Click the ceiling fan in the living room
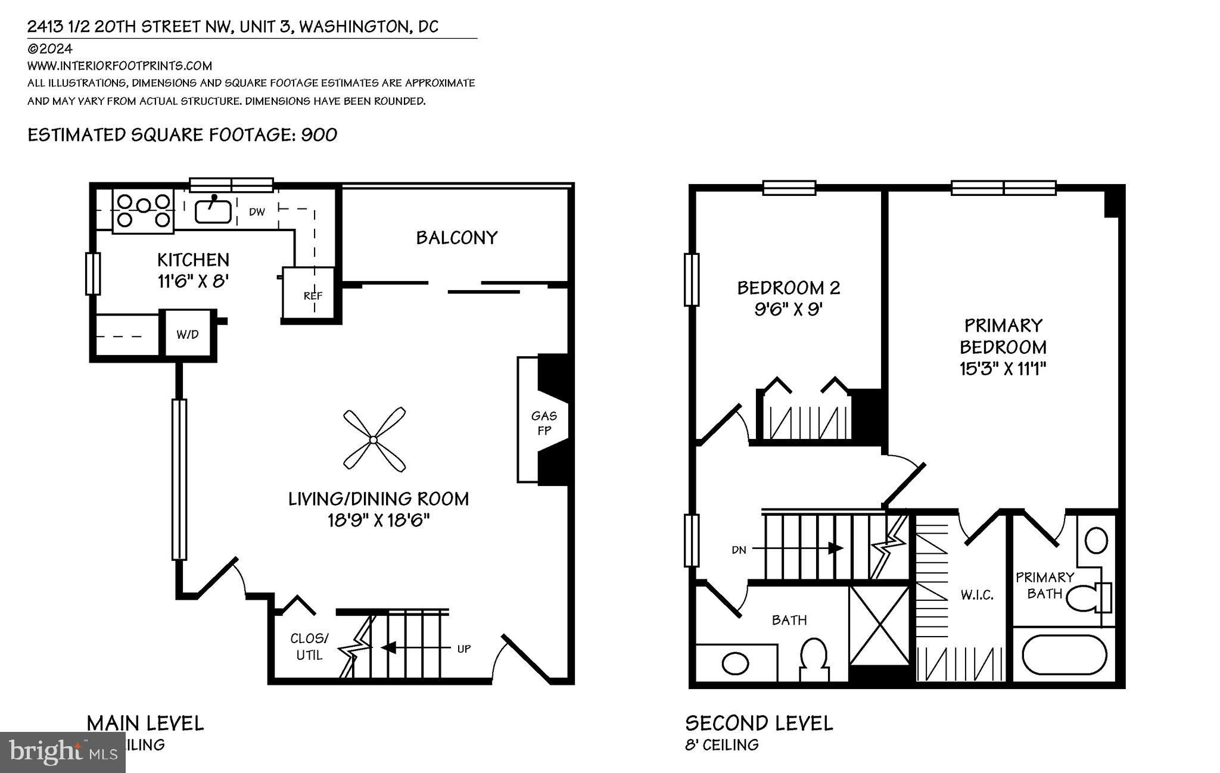tap(374, 440)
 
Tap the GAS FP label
tap(544, 423)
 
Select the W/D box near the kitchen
tap(187, 334)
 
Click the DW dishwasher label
tap(257, 211)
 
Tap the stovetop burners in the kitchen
tap(143, 211)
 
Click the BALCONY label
tap(456, 238)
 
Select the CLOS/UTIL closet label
tap(309, 647)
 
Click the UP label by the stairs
tap(463, 649)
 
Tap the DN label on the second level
tap(739, 550)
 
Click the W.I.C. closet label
tap(976, 594)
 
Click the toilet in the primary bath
tap(1087, 598)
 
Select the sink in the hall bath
tap(735, 662)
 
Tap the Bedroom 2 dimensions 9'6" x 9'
tap(789, 310)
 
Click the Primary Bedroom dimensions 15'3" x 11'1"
tap(1003, 369)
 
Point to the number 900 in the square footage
tap(319, 135)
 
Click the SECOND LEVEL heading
tap(759, 723)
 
